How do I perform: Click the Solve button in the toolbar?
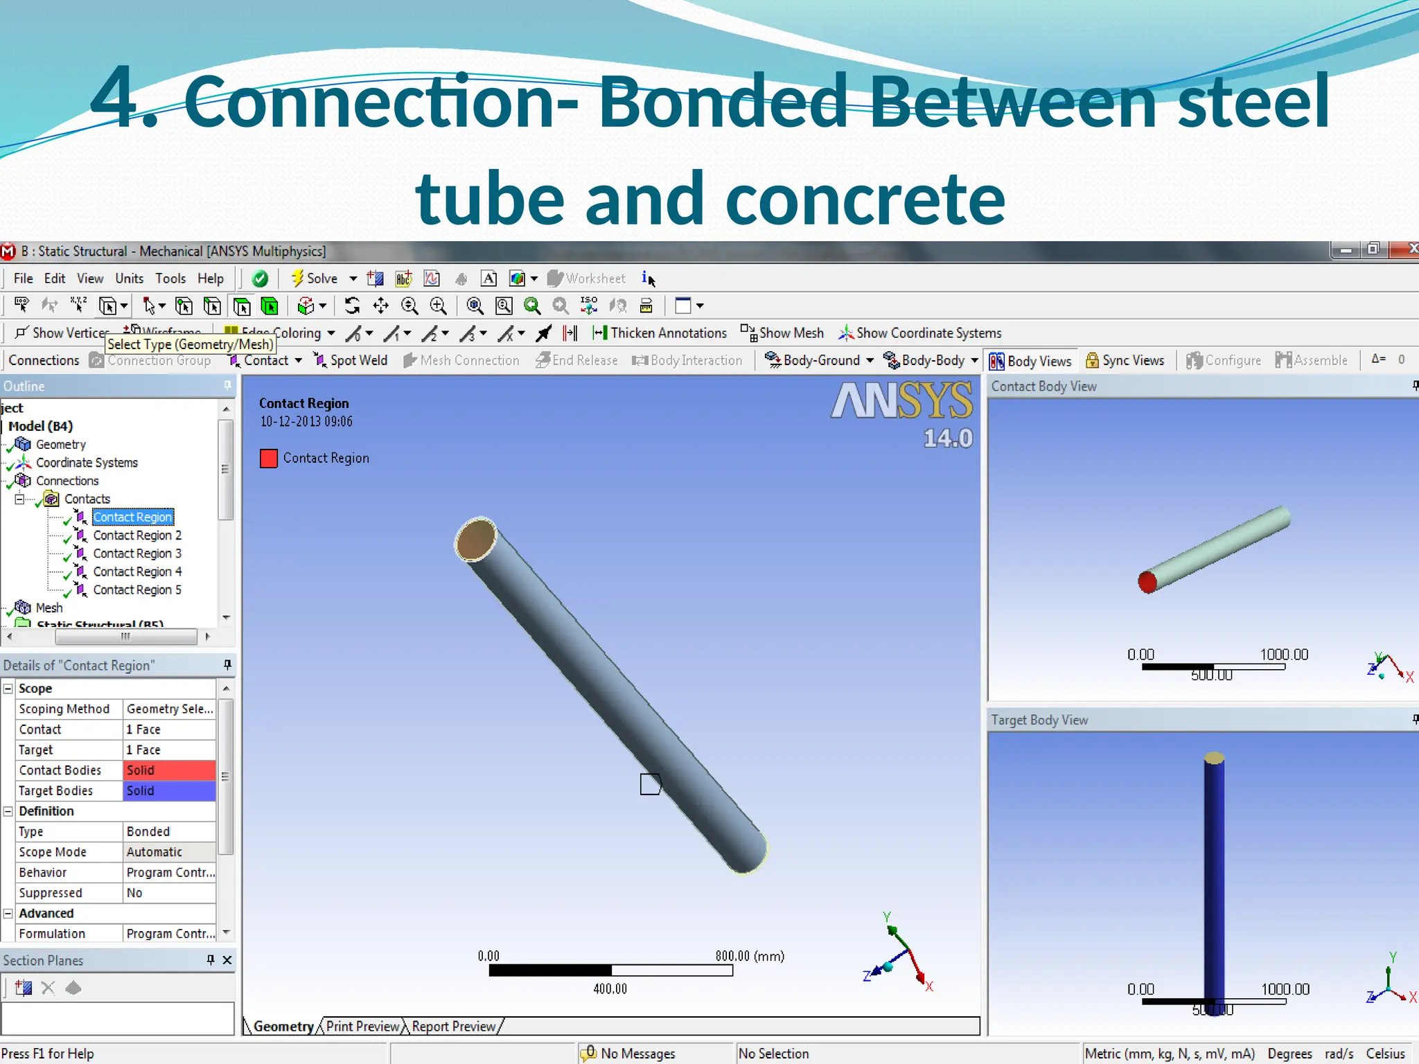315,278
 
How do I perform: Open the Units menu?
129,278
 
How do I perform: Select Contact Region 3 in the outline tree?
137,553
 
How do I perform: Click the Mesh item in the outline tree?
49,608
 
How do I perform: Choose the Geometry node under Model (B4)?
60,444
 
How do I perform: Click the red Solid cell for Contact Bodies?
169,770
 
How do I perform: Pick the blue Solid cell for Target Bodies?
169,790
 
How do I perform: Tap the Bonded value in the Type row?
169,831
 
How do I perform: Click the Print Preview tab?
362,1026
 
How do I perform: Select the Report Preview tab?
454,1026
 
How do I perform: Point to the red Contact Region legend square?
269,458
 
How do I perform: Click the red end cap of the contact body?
1147,582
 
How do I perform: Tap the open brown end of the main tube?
476,538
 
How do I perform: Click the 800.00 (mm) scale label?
750,956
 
